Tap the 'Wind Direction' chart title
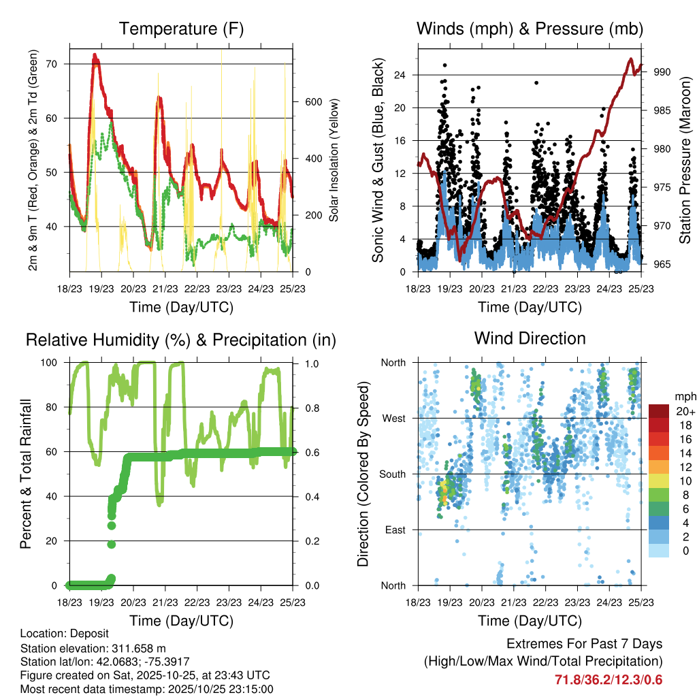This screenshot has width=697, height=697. (530, 338)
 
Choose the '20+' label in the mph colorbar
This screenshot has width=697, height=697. (684, 411)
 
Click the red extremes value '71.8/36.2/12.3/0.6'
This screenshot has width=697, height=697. (609, 680)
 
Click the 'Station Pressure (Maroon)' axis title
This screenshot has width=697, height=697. (685, 161)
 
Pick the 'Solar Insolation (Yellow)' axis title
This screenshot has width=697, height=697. (334, 160)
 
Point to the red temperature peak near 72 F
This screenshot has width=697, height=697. (95, 56)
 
